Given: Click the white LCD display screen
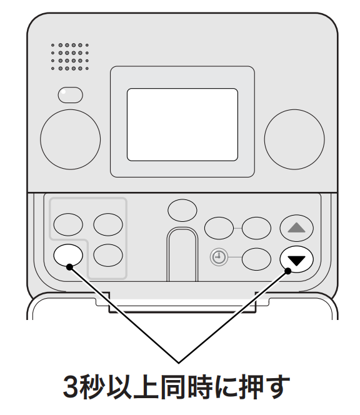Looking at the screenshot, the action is point(182,124).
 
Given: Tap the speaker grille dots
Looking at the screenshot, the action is point(70,57).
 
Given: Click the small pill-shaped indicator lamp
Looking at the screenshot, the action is point(70,95).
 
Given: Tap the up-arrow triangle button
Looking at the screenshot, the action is point(296,228).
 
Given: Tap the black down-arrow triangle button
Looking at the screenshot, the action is point(296,259).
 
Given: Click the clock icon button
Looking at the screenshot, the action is point(219,257).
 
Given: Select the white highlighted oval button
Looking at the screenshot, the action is point(68,255).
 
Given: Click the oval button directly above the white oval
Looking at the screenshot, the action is point(68,224).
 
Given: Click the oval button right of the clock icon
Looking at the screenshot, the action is point(256,259).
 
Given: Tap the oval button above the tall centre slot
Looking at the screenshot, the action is point(182,211).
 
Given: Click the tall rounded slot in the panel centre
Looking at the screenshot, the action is point(182,254).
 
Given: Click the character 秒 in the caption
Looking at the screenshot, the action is point(92,387).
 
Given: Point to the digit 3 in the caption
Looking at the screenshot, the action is point(71,387).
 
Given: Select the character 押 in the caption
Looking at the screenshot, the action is point(252,387).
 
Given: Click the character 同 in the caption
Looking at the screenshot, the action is point(172,387).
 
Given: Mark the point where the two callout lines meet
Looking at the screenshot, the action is point(179,362).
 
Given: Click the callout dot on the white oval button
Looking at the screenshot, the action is point(69,267).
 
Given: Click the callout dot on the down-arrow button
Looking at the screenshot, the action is point(288,271).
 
